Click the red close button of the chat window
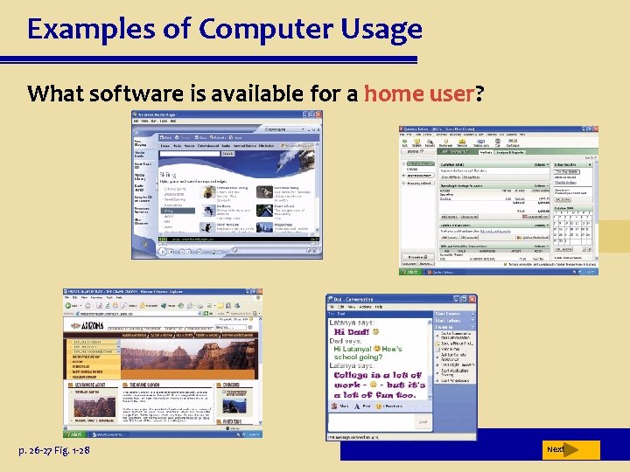(x=473, y=299)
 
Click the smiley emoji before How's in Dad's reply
(x=377, y=349)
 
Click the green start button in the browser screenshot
(x=73, y=434)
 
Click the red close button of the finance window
(x=593, y=129)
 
